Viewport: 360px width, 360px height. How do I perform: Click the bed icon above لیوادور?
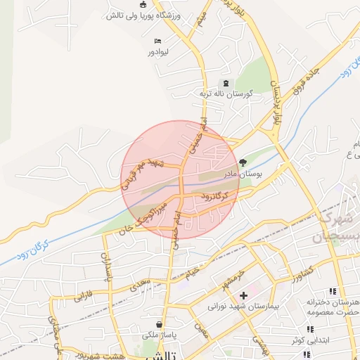157,41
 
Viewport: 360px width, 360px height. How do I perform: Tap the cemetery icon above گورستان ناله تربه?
225,82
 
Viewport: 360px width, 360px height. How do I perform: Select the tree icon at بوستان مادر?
243,161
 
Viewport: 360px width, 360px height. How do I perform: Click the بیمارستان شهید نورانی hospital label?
243,307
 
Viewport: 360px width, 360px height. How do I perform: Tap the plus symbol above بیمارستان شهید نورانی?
243,295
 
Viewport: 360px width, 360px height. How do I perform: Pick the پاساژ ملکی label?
160,337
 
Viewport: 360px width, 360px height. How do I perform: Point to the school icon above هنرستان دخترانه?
332,291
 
